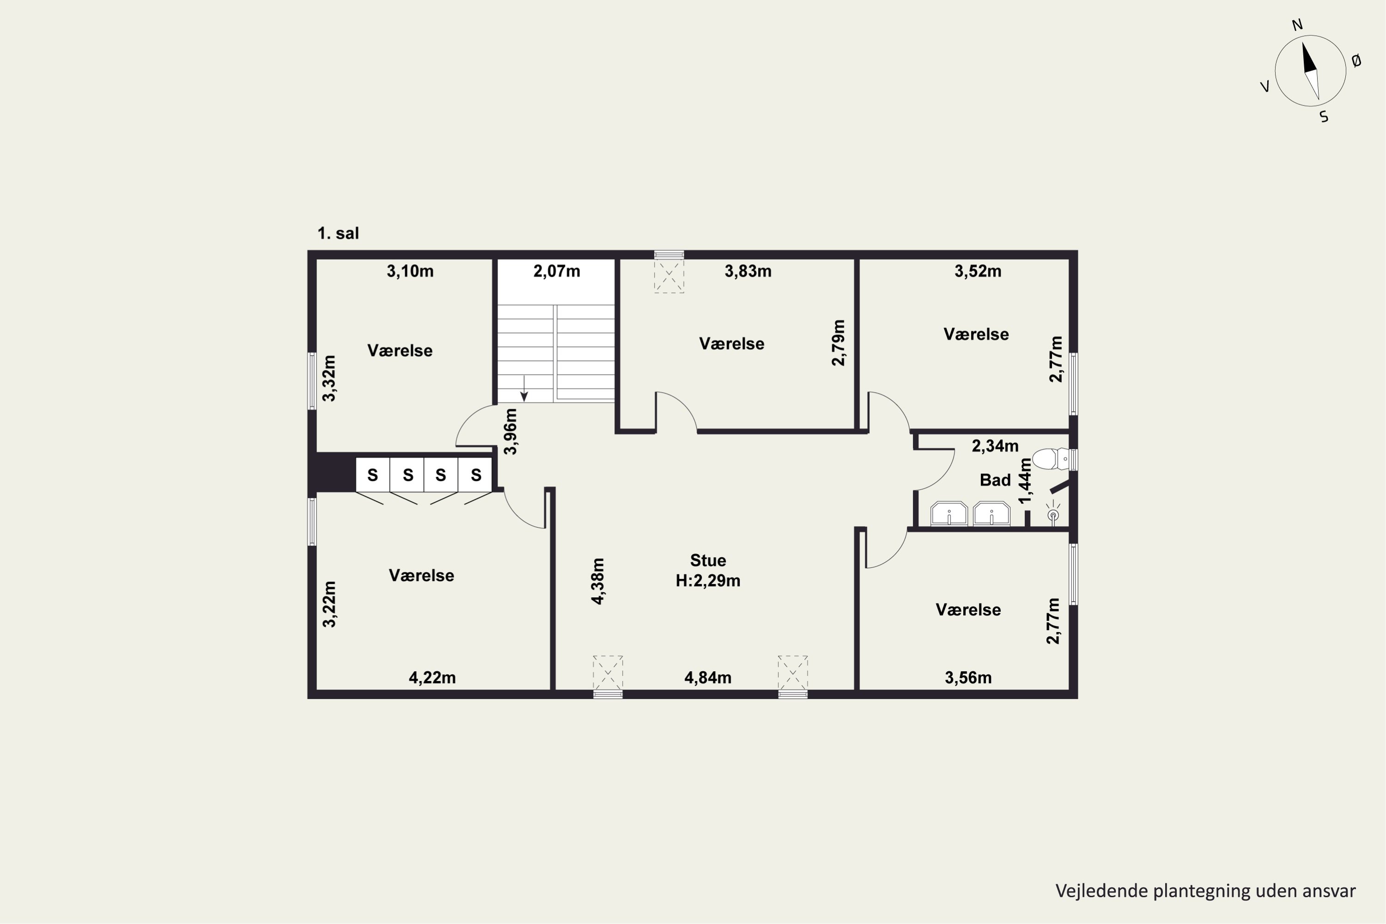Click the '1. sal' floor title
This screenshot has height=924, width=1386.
338,233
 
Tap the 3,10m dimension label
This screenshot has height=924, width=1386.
410,271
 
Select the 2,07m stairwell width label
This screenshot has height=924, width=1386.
557,271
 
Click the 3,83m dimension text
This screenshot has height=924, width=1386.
748,271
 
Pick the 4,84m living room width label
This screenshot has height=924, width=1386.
708,678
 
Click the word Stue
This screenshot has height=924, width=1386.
708,560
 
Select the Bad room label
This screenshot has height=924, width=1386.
995,480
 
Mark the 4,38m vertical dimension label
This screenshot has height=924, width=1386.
597,581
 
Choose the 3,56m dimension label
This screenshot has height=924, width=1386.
968,678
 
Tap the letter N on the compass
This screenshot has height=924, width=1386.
1297,25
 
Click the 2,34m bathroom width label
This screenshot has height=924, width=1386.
995,446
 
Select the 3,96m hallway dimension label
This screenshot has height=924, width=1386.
511,432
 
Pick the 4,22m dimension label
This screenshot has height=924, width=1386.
432,678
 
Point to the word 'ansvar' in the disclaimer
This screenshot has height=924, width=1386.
1329,891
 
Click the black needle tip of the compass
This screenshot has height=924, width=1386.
1303,43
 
